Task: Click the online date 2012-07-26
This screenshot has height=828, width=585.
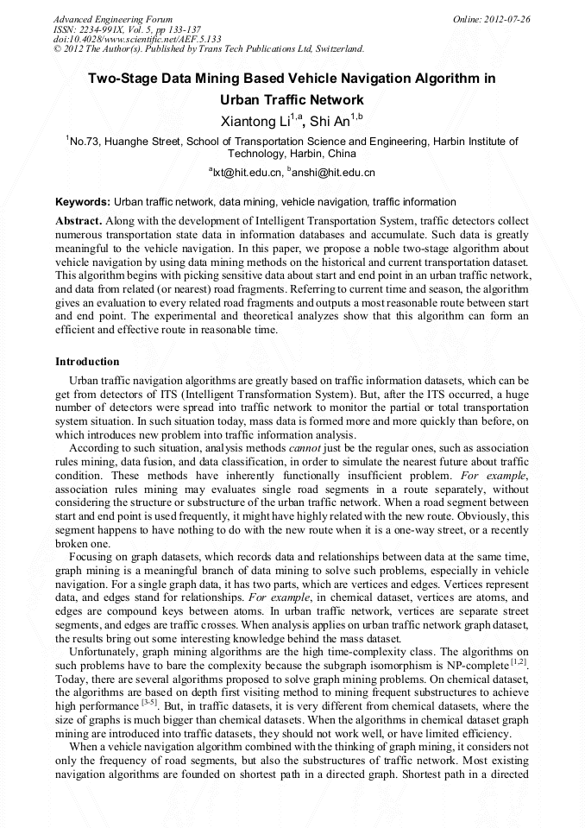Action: click(x=508, y=18)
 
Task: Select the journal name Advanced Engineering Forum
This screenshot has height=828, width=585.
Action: click(x=112, y=18)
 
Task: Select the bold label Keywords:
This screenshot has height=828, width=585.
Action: click(x=83, y=201)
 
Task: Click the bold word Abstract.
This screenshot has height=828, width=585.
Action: click(x=79, y=221)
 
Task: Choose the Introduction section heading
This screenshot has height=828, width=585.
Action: click(x=87, y=361)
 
